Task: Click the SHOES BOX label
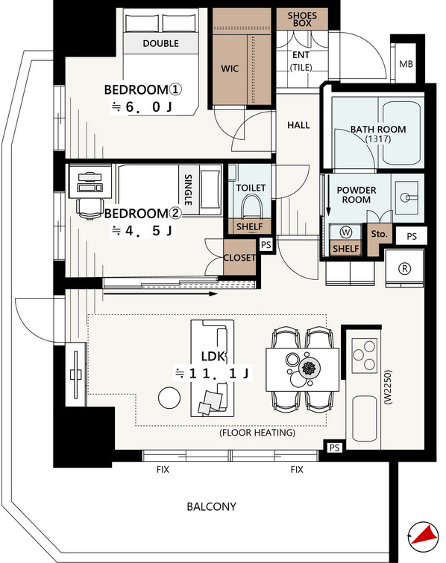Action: [x=302, y=19]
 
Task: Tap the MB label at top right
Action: [x=406, y=64]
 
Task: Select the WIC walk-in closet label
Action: [x=230, y=69]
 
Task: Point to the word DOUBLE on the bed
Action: [x=161, y=43]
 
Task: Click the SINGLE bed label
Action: [x=188, y=189]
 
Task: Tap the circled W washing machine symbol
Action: [x=345, y=232]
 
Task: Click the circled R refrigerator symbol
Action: [x=405, y=268]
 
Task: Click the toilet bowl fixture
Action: [x=251, y=206]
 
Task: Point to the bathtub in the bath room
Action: [x=401, y=133]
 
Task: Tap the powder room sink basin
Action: [x=406, y=197]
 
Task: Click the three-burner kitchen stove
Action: [x=364, y=355]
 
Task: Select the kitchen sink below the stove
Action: [x=365, y=419]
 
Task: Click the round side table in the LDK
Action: [x=169, y=398]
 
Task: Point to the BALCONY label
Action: [x=212, y=506]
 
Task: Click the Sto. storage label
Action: [x=379, y=234]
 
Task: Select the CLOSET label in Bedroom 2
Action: [x=239, y=258]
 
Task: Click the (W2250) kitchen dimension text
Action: [x=387, y=388]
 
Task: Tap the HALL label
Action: [x=298, y=125]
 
